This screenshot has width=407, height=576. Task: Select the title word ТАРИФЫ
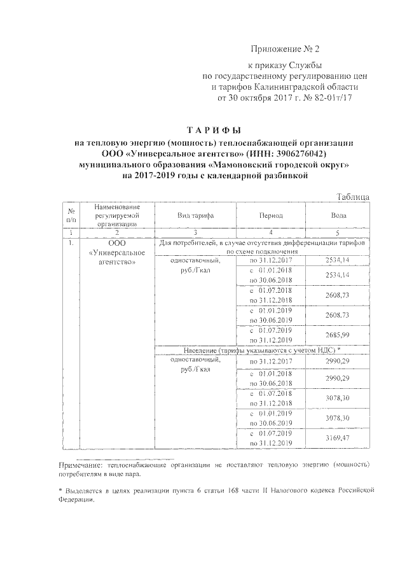[219, 130]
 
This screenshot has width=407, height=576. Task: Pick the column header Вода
[338, 216]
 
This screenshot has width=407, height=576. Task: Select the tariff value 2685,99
[338, 335]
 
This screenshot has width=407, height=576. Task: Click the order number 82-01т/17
[328, 98]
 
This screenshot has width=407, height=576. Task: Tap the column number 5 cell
[338, 234]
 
